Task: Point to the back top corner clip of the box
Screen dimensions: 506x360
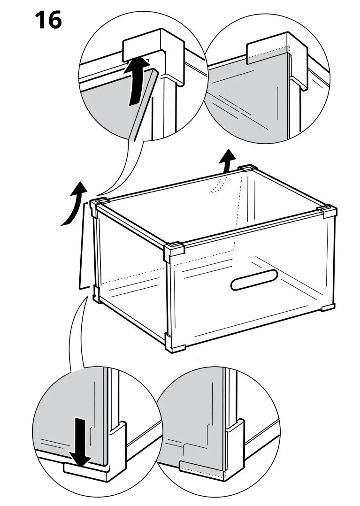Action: point(247,169)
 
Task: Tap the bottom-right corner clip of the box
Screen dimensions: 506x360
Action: point(327,308)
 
